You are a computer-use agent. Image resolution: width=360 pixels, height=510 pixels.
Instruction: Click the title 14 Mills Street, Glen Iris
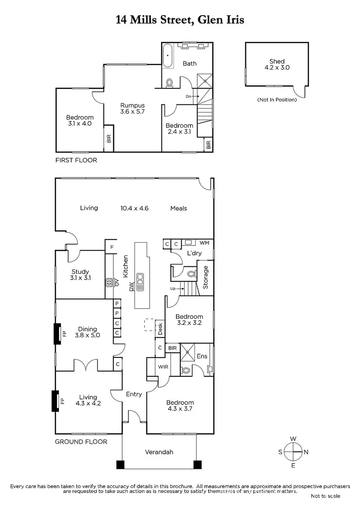click(180, 20)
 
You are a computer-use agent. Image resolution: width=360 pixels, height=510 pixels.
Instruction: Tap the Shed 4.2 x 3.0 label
click(277, 64)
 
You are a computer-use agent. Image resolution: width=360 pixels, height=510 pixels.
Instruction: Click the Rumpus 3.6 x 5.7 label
click(132, 109)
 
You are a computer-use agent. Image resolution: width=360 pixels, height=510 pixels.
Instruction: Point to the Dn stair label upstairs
click(189, 96)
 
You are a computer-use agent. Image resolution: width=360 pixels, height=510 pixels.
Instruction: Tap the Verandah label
click(159, 452)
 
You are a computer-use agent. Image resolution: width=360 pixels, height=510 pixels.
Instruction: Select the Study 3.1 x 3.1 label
click(81, 275)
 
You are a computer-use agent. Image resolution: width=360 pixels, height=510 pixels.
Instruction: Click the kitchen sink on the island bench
click(140, 281)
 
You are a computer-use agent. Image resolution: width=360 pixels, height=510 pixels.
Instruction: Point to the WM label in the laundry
click(204, 243)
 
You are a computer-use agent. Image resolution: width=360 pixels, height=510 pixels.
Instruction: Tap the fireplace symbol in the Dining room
click(57, 334)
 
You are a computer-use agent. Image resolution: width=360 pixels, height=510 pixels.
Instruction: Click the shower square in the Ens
click(190, 352)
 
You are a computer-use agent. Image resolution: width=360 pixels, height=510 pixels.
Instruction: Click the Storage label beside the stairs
click(206, 277)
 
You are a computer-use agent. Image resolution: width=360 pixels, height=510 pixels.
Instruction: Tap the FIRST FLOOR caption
click(76, 160)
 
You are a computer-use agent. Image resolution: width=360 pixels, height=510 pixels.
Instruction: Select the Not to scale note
click(325, 496)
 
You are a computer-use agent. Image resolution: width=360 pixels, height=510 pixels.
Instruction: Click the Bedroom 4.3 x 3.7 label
click(180, 406)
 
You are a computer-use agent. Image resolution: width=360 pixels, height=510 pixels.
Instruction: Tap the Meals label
click(179, 208)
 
